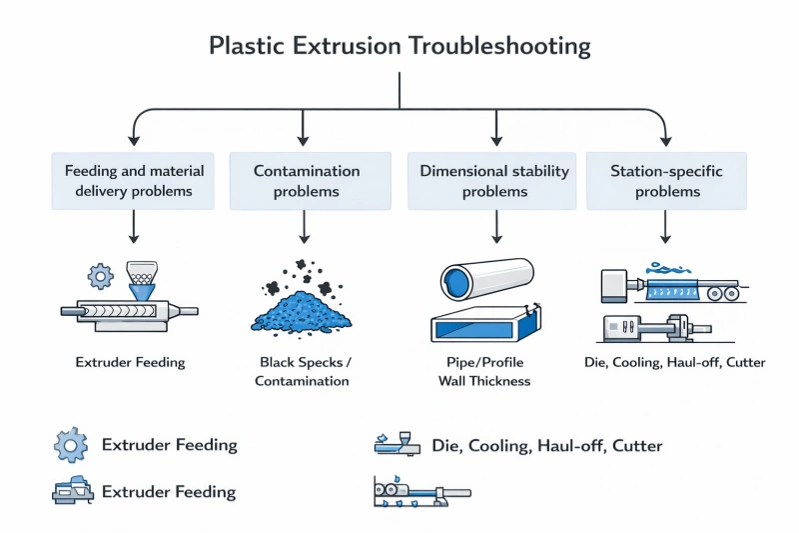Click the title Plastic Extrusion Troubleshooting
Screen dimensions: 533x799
pyautogui.click(x=399, y=46)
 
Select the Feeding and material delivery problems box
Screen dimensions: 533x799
pyautogui.click(x=133, y=181)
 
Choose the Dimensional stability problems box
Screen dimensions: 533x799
pyautogui.click(x=494, y=181)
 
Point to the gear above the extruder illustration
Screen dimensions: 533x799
pyautogui.click(x=101, y=275)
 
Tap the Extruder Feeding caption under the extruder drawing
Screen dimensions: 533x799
pyautogui.click(x=129, y=362)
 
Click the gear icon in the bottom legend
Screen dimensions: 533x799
pyautogui.click(x=71, y=444)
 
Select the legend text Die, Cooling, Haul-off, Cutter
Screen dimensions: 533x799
pyautogui.click(x=546, y=445)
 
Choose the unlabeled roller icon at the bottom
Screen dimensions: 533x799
pyautogui.click(x=419, y=492)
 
